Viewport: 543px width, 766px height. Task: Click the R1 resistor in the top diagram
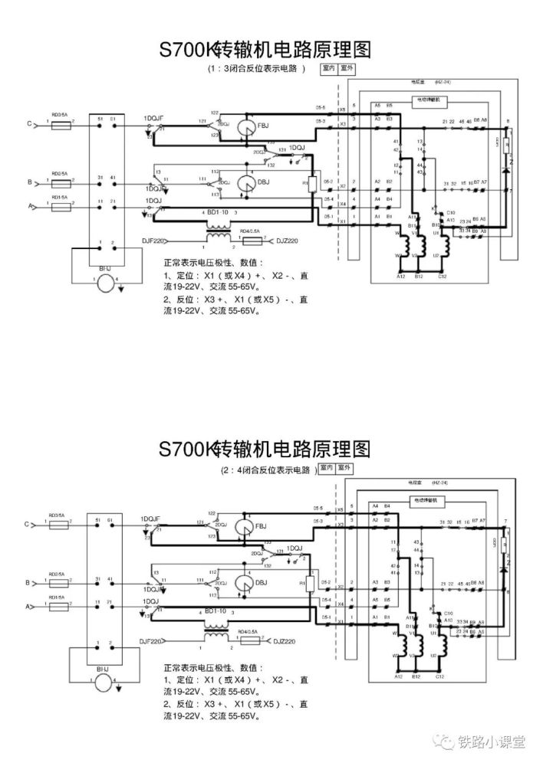(x=313, y=185)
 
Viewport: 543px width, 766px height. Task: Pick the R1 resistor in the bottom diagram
(x=313, y=584)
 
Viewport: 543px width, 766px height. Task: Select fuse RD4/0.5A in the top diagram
(x=251, y=241)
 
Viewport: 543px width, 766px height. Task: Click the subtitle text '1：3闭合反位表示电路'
(x=255, y=68)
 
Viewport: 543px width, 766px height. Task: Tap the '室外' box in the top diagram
(x=346, y=68)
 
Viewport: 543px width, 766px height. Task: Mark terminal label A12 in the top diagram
(x=400, y=277)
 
